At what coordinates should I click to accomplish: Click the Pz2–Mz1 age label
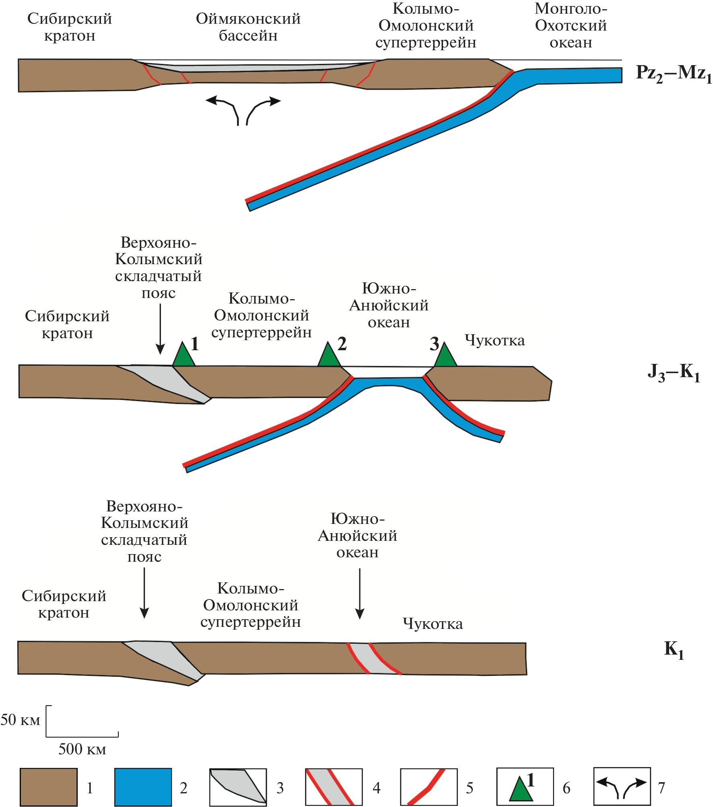pyautogui.click(x=673, y=74)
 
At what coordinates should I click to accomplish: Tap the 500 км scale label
pyautogui.click(x=82, y=749)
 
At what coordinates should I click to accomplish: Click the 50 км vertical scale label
pyautogui.click(x=20, y=720)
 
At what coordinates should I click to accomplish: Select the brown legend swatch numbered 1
pyautogui.click(x=48, y=787)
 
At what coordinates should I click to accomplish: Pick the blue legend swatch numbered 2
pyautogui.click(x=143, y=787)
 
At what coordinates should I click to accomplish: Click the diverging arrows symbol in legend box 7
pyautogui.click(x=622, y=787)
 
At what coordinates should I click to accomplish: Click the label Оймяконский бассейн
pyautogui.click(x=248, y=27)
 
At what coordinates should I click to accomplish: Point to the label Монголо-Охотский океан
pyautogui.click(x=571, y=25)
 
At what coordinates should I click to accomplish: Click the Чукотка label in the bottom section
pyautogui.click(x=433, y=624)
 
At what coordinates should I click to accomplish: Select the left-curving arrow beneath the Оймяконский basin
pyautogui.click(x=223, y=109)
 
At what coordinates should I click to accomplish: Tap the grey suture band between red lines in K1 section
pyautogui.click(x=374, y=659)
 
